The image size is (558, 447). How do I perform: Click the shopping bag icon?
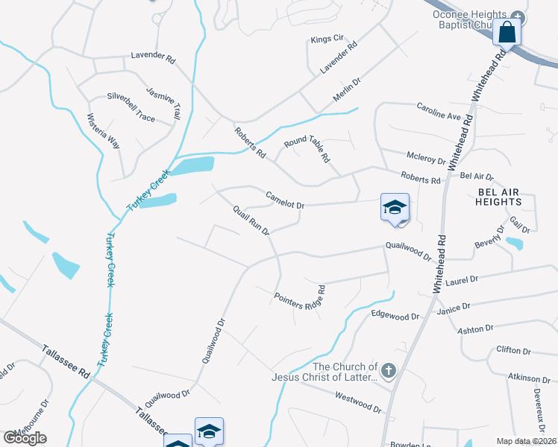click(507, 33)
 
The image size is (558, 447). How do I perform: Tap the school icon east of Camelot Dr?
click(395, 208)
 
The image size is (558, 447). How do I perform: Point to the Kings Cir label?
click(328, 38)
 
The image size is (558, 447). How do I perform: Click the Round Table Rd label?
click(307, 150)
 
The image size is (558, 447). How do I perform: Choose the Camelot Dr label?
click(286, 200)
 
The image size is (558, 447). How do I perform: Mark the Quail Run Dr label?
click(251, 221)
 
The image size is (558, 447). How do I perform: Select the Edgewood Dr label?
click(395, 316)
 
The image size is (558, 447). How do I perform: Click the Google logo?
click(25, 437)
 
